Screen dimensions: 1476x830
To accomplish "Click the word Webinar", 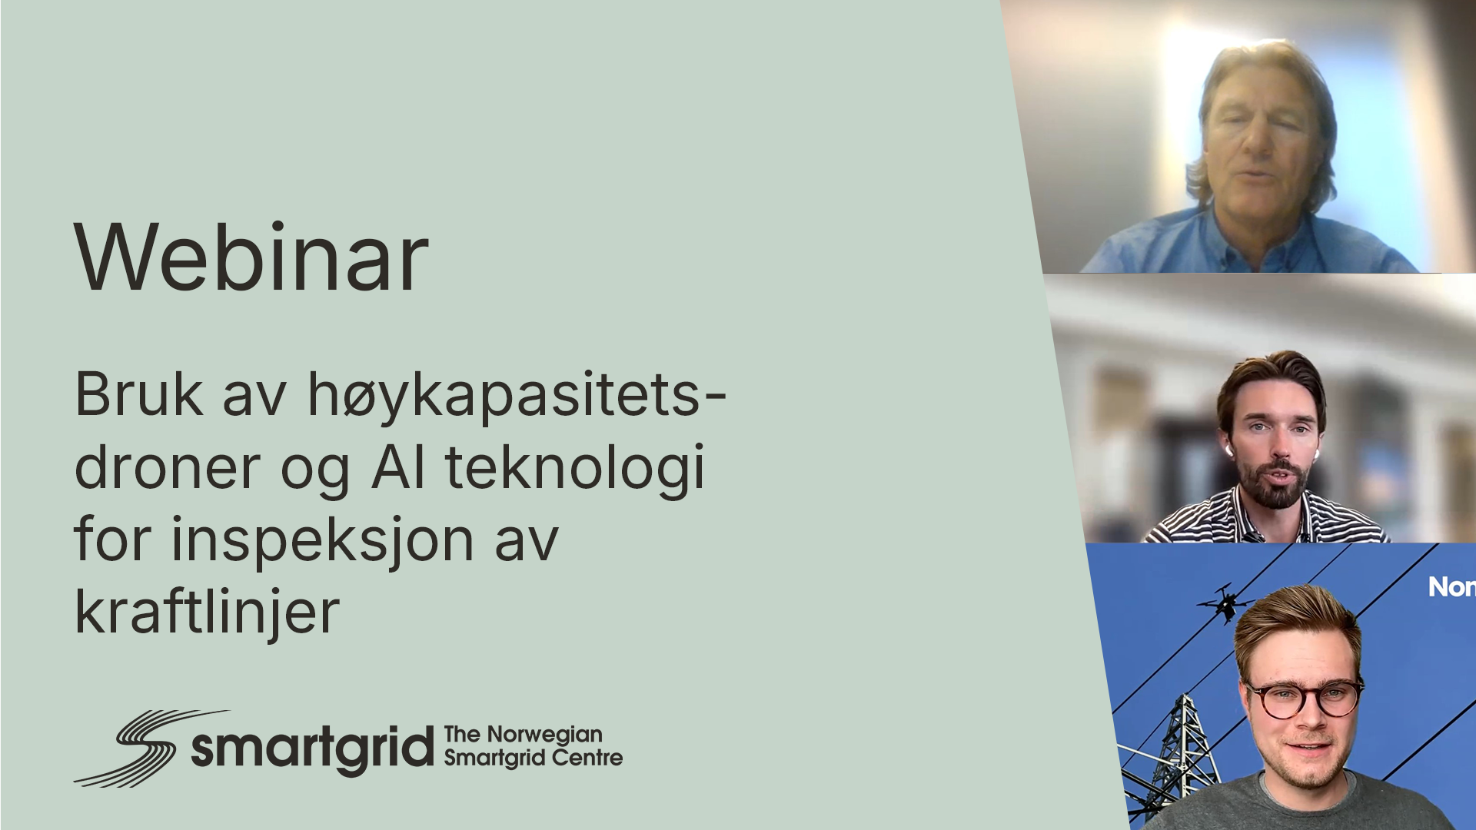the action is click(251, 257).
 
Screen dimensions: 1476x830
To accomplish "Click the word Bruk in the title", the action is click(138, 394).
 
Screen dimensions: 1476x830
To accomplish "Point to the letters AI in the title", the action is click(398, 466).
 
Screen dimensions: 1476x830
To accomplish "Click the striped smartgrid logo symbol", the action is click(135, 748).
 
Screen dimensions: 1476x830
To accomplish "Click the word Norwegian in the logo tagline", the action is click(544, 735).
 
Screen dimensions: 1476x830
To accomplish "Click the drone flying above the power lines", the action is click(1225, 602).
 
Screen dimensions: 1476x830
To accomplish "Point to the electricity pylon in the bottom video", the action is click(1168, 761).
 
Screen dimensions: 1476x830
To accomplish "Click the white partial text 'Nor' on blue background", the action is click(1451, 588).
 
